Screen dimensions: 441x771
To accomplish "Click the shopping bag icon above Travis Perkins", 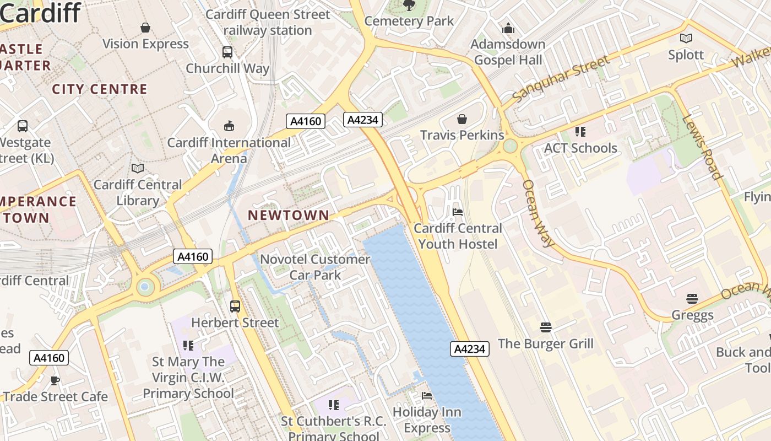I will [x=462, y=119].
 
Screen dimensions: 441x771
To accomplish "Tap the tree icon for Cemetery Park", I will [x=409, y=6].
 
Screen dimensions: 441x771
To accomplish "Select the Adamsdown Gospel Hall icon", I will [x=508, y=28].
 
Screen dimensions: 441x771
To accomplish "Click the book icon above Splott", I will [x=686, y=39].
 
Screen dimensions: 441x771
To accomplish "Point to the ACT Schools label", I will [x=580, y=148].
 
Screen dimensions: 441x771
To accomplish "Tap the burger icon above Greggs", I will [x=692, y=299].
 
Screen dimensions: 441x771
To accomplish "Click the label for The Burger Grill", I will [x=545, y=344].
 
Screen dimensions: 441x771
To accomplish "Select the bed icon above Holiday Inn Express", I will [x=427, y=395].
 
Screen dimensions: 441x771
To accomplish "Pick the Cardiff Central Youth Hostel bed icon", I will [x=457, y=212].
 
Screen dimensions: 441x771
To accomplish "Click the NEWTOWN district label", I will [x=289, y=215].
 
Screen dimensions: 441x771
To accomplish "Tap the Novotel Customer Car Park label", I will [x=315, y=267].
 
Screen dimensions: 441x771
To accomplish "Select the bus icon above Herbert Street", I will [x=235, y=306].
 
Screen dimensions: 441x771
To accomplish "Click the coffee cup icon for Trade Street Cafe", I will [x=55, y=380].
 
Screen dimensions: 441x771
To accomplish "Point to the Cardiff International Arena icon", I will [x=229, y=126].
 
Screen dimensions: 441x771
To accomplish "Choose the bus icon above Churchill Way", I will [x=227, y=52].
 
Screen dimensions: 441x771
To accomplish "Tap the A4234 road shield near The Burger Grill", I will [x=470, y=349].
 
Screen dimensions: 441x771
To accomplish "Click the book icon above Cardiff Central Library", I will [x=137, y=168].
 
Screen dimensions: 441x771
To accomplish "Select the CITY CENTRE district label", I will [x=100, y=89].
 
